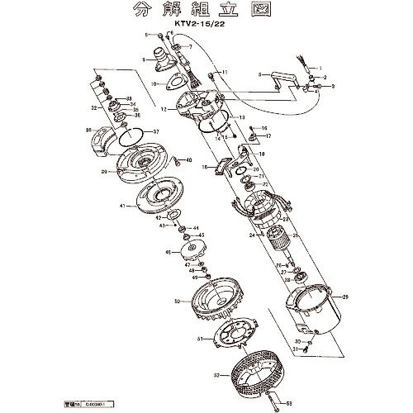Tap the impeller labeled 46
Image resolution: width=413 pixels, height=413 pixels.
click(x=185, y=252)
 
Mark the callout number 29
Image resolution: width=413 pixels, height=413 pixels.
click(x=344, y=297)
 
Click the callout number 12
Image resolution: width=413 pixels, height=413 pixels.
click(x=165, y=109)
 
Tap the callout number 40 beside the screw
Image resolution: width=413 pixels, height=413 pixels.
click(x=190, y=160)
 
